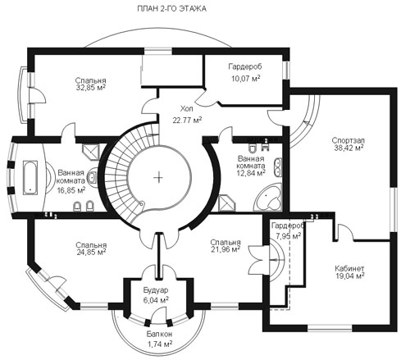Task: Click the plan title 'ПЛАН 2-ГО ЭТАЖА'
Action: pos(171,9)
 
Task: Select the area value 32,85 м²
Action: pos(91,88)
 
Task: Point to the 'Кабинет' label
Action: pos(349,268)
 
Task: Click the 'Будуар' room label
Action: pos(156,290)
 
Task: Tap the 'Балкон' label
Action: pos(159,334)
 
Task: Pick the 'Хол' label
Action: pos(186,109)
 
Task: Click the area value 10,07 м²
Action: pos(246,79)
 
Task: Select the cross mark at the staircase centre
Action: pos(158,178)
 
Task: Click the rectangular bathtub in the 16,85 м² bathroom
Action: pos(30,178)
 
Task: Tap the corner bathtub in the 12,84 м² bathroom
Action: pos(268,198)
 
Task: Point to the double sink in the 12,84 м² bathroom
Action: pos(278,166)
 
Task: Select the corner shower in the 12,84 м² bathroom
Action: pos(227,203)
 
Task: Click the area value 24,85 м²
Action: pos(91,252)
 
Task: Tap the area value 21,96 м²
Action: pos(225,249)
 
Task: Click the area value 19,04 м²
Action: pos(350,276)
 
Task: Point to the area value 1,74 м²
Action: pos(160,344)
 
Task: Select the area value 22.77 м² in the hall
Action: pos(187,120)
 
